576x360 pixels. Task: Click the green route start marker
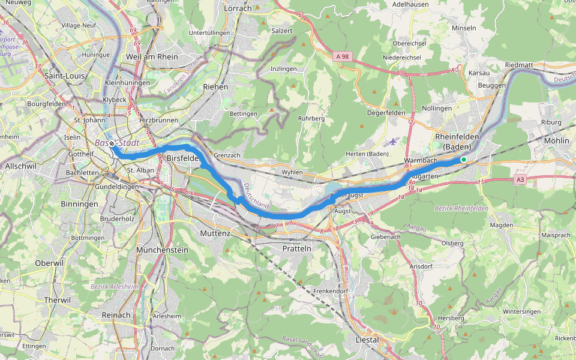463,159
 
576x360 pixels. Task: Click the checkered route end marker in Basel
112,144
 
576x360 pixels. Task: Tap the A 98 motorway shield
342,56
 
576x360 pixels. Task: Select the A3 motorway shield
521,179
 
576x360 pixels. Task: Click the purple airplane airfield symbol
393,142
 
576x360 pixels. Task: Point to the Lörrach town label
238,8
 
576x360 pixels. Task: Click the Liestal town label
367,340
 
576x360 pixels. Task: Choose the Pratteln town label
297,248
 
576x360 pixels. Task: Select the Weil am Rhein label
152,56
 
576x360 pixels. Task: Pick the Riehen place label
215,87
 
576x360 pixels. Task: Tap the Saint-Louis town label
64,76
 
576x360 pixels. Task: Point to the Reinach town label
116,315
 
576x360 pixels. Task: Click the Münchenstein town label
162,250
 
